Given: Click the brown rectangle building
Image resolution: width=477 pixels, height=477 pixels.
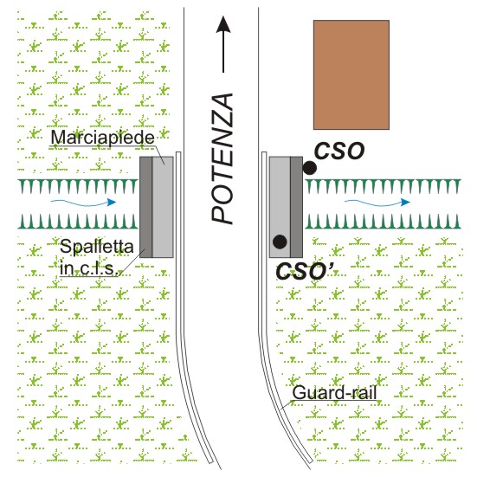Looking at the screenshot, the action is click(x=351, y=74).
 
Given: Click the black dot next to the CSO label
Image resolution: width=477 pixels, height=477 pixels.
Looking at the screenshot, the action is click(x=310, y=168).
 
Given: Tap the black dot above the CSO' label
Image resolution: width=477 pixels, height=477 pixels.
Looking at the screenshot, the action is click(x=280, y=242).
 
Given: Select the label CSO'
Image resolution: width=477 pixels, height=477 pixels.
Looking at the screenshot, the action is click(x=305, y=271).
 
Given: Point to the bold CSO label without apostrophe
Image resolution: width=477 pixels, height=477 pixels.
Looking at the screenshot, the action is click(x=339, y=151).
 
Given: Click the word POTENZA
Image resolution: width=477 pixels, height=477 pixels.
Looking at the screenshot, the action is click(x=222, y=158).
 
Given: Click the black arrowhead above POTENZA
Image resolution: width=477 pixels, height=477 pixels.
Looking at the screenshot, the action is click(x=223, y=24).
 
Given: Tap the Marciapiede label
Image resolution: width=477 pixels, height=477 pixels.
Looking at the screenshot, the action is click(x=102, y=137).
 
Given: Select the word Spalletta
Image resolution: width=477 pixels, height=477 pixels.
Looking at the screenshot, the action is click(x=97, y=247).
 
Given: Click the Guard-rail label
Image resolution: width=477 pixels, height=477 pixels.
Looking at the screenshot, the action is click(x=335, y=392).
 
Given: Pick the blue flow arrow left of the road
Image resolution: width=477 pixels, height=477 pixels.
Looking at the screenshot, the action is click(x=83, y=203).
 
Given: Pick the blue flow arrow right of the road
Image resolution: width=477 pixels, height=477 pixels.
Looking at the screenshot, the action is click(x=377, y=203).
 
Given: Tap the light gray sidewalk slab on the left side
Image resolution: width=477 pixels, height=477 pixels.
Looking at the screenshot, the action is click(x=163, y=207).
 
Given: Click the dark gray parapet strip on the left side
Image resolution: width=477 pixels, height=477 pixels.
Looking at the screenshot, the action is click(x=146, y=207).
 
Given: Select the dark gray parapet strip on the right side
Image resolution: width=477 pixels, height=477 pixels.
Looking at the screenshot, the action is click(x=297, y=207).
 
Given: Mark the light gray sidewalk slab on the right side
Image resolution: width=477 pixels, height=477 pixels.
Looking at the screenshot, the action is click(x=280, y=207).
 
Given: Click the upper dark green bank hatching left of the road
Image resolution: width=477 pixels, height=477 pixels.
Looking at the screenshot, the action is click(x=78, y=186).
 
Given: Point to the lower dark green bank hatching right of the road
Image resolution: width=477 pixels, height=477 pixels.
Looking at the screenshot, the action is click(x=384, y=222).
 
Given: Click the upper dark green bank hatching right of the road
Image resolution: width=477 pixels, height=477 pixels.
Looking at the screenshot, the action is click(x=384, y=186).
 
